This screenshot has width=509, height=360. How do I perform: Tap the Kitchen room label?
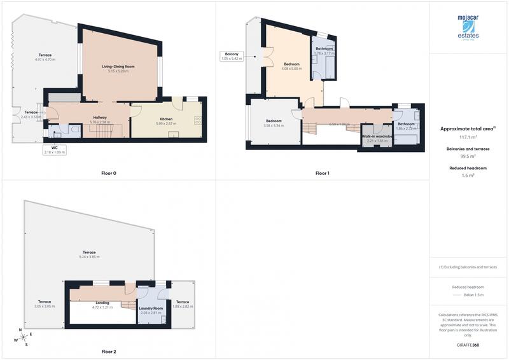coord(166,119)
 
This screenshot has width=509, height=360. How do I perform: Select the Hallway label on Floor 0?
coord(100,117)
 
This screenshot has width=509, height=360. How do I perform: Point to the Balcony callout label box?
coord(230,56)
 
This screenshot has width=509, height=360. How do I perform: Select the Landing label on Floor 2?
coord(102,303)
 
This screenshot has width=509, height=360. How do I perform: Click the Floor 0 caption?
coord(109,173)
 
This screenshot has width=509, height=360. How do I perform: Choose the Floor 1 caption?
coord(323,173)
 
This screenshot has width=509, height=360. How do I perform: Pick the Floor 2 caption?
coord(109,351)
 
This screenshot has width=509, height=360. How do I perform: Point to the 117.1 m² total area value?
coord(470,137)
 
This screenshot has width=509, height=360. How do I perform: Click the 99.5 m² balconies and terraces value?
coord(470,156)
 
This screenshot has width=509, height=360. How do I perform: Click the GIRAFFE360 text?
coord(470,344)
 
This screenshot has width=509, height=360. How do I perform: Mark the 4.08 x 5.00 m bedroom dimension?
coord(291,68)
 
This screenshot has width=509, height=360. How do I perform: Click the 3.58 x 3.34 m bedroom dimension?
coord(274,126)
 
